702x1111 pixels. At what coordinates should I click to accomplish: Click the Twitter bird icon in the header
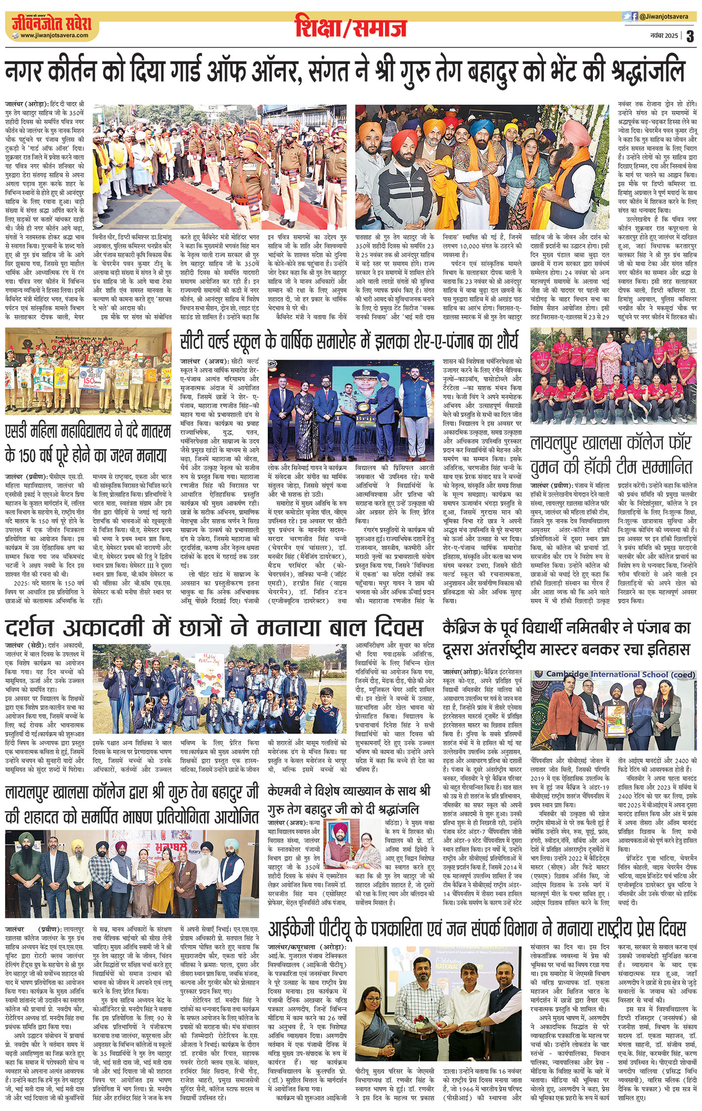pyautogui.click(x=626, y=16)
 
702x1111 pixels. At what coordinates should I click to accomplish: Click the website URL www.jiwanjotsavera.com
pyautogui.click(x=54, y=36)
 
